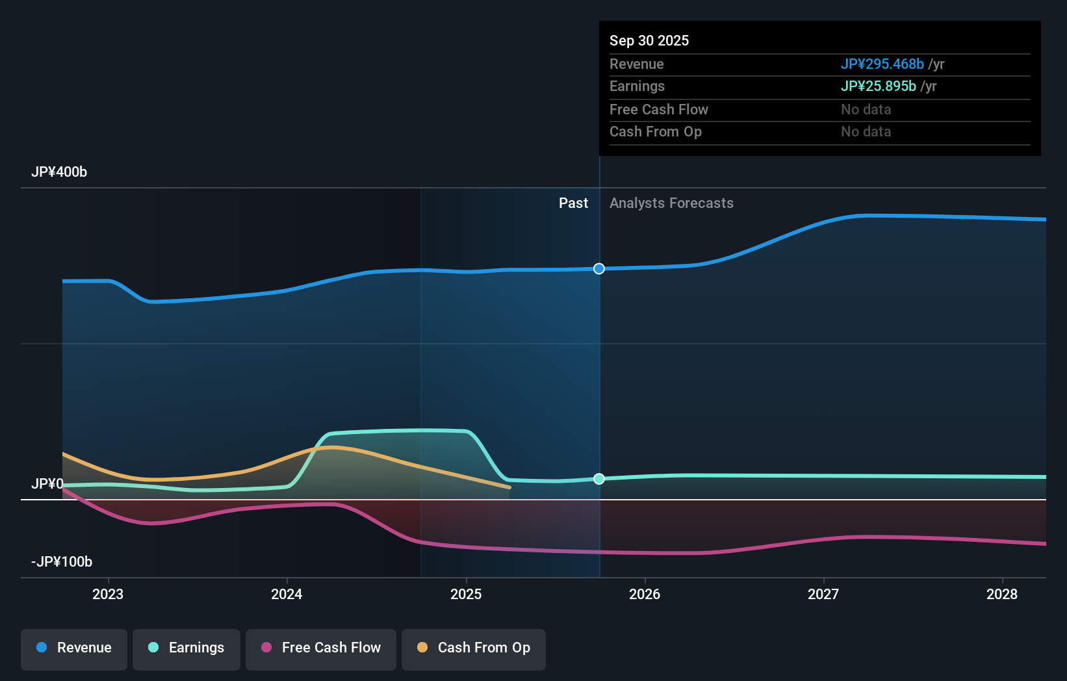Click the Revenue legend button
click(x=74, y=649)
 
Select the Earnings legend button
click(x=186, y=649)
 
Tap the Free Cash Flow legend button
click(x=321, y=649)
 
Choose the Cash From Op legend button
click(x=474, y=649)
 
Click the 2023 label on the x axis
click(x=108, y=594)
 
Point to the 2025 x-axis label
click(x=466, y=594)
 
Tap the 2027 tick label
click(x=823, y=594)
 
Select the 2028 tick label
click(x=1002, y=594)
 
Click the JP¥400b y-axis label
click(x=59, y=172)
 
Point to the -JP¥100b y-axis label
click(x=62, y=562)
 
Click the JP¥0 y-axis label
click(x=47, y=484)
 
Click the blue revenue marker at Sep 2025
click(x=599, y=269)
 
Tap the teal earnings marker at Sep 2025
click(x=599, y=479)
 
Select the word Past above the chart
click(x=573, y=203)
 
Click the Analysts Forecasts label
click(x=671, y=203)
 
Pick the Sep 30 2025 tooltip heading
click(x=649, y=41)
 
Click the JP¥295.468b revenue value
click(x=882, y=64)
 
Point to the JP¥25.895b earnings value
click(x=878, y=86)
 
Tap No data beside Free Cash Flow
click(x=866, y=110)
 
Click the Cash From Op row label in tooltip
click(x=656, y=132)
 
